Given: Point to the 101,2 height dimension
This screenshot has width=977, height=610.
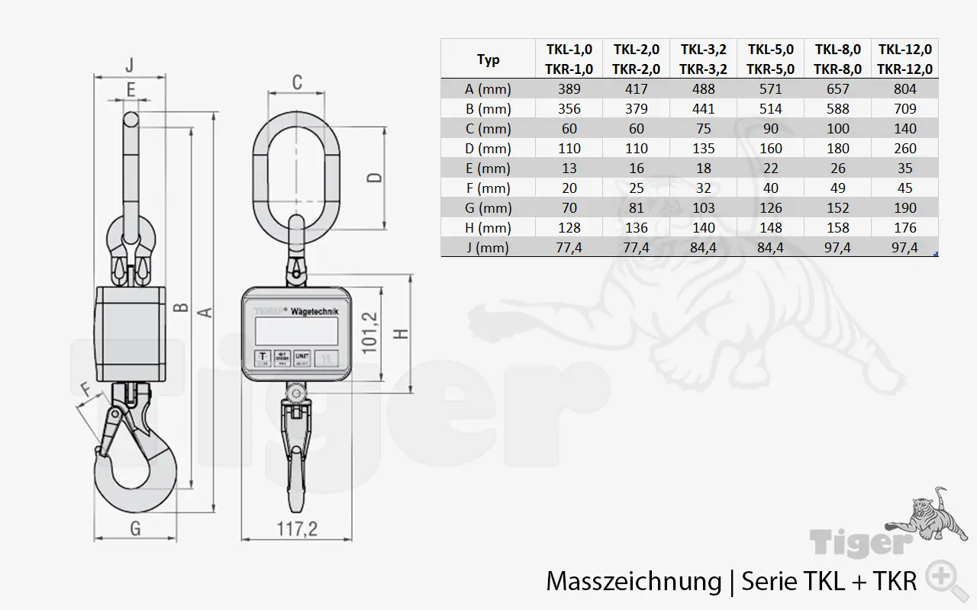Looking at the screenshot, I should (x=370, y=331).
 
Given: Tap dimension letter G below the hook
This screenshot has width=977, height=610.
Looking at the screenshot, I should (x=134, y=528).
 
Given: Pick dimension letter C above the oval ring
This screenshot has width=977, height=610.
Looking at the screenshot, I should (x=297, y=82).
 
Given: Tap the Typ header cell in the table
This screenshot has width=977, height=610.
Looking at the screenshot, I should (x=488, y=59).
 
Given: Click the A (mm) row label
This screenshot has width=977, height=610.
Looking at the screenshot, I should (x=488, y=88).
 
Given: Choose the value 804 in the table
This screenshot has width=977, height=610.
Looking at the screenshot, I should (x=904, y=88).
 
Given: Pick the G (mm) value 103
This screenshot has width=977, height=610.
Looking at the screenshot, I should (x=703, y=207).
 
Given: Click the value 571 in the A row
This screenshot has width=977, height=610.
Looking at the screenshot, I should (x=770, y=88).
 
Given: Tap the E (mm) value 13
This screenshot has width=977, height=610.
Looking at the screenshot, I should (x=569, y=168).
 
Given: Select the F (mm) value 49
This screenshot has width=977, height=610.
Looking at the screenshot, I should (x=837, y=188).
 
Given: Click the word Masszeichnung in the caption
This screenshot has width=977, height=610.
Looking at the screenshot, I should (x=633, y=582).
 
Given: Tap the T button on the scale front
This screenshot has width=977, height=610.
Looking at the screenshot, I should (x=263, y=356).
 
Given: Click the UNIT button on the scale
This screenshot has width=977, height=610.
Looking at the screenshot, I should (x=303, y=357).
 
